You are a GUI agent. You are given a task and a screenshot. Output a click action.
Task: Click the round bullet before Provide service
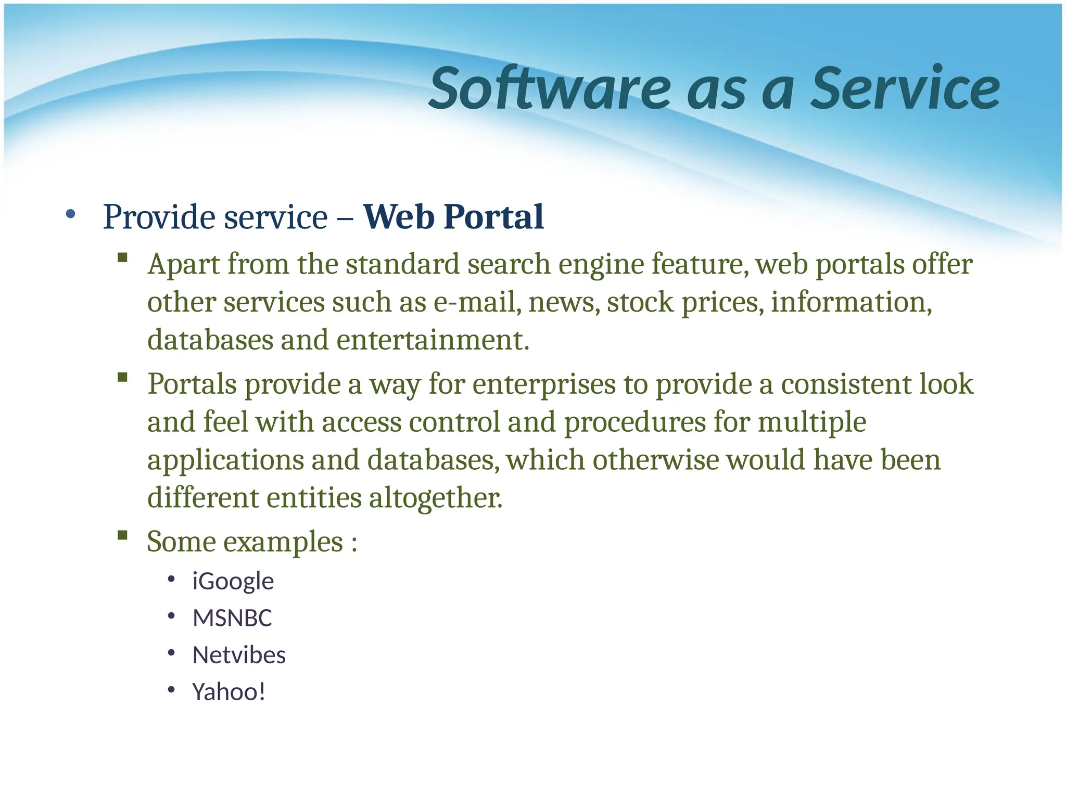click(71, 214)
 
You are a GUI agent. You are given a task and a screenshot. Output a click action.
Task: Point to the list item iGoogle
click(233, 581)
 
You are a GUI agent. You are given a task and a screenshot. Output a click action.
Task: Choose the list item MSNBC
click(232, 618)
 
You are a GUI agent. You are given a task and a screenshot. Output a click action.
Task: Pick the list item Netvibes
click(239, 655)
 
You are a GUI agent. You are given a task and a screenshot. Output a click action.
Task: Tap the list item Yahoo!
click(229, 692)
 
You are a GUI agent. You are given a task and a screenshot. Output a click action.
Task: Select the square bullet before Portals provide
click(123, 377)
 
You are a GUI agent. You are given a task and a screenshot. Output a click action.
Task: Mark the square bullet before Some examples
click(123, 535)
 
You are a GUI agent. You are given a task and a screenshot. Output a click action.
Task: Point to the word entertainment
click(432, 340)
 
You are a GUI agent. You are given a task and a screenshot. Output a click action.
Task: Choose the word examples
click(283, 542)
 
